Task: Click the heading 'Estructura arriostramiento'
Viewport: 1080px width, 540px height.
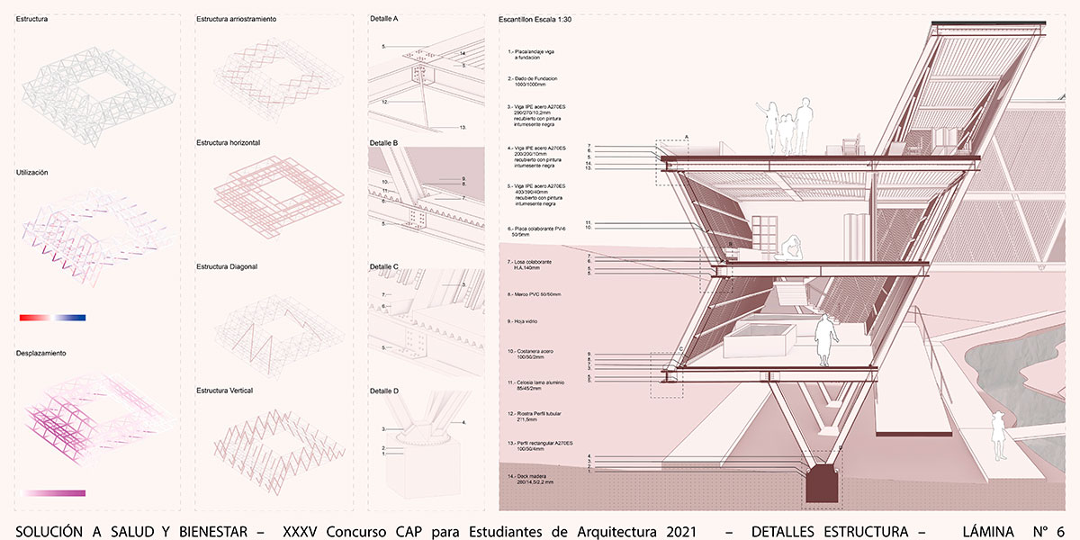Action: (x=236, y=18)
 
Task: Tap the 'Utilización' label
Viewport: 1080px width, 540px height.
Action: (x=31, y=171)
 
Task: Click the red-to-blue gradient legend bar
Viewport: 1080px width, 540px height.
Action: (x=52, y=318)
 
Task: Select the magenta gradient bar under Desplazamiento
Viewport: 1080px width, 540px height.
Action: (x=56, y=493)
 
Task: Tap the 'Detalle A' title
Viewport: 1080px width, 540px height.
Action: (x=383, y=18)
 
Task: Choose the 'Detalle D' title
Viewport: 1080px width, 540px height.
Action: (x=383, y=391)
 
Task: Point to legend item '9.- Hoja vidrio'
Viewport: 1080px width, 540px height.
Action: (x=522, y=321)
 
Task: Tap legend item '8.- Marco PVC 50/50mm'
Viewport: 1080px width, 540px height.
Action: (x=534, y=294)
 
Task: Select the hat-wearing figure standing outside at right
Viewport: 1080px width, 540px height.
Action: (x=997, y=438)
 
